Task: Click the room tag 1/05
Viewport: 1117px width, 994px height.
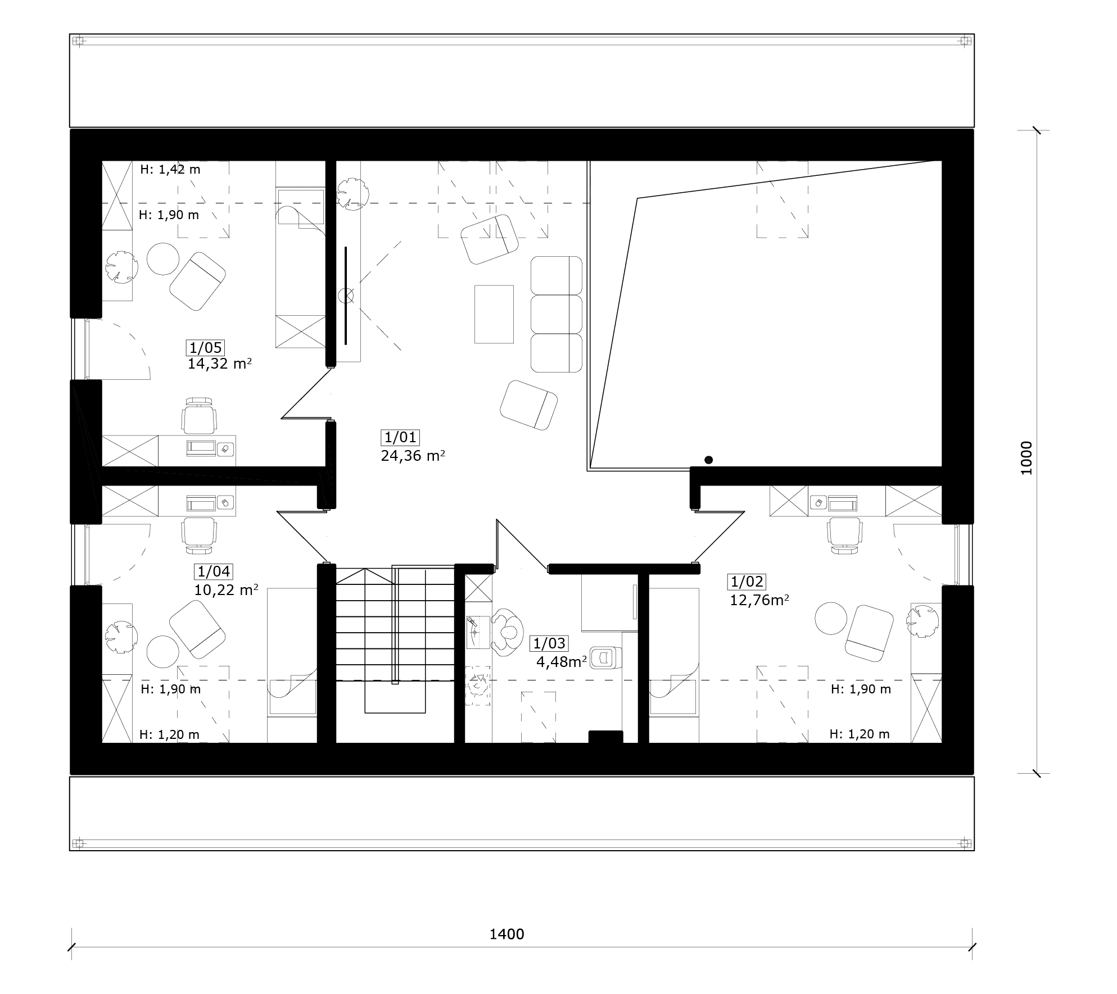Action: (206, 347)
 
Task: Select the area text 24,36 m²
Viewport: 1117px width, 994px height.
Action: (413, 455)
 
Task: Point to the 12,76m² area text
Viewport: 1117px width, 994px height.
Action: (759, 600)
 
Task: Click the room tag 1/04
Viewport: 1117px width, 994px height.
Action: (214, 572)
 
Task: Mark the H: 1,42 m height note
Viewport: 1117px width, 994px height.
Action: (170, 169)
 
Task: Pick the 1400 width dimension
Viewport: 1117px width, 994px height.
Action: (507, 934)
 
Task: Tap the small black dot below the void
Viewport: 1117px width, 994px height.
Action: (708, 460)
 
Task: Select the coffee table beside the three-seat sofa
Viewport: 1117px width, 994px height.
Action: (494, 314)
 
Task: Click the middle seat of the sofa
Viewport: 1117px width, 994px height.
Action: (556, 314)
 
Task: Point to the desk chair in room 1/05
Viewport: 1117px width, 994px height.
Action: (199, 416)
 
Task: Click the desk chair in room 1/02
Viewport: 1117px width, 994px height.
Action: (844, 535)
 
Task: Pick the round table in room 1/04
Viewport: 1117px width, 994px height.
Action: (163, 652)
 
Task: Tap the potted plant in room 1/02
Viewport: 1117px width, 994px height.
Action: (922, 621)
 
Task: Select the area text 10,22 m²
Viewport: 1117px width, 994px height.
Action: (226, 591)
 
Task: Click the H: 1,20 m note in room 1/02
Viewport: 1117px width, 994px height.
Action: (860, 734)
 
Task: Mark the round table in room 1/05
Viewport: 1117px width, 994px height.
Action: (163, 258)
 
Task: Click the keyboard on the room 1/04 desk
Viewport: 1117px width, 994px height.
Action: (201, 502)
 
